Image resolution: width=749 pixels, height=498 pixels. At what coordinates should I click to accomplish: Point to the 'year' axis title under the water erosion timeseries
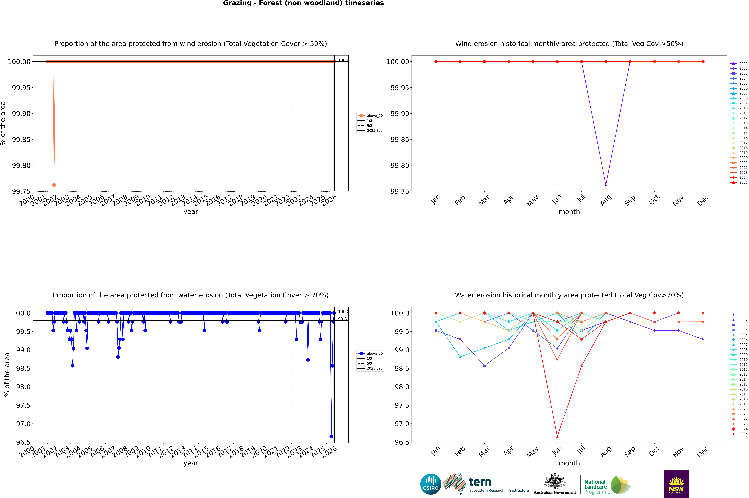[191, 463]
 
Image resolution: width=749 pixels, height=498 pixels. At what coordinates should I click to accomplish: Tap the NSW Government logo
[676, 484]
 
